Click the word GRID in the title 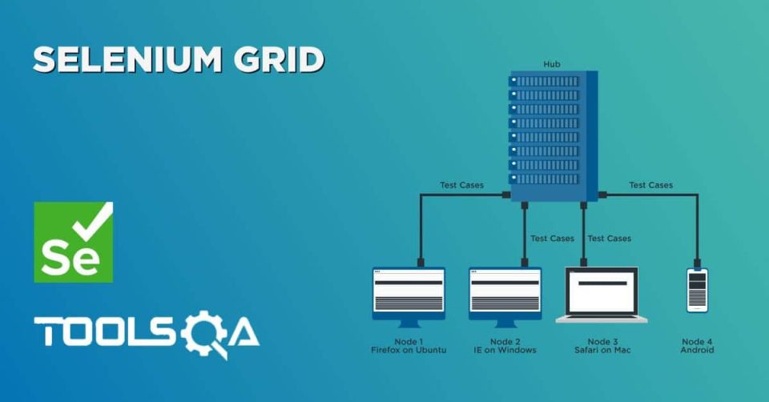(x=279, y=59)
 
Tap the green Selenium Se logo (x=74, y=242)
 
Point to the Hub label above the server (x=552, y=64)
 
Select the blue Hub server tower (x=554, y=136)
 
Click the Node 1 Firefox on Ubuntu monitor (x=409, y=297)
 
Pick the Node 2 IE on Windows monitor (x=505, y=297)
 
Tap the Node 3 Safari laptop (x=602, y=295)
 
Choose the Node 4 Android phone (x=697, y=290)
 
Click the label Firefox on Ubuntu (x=409, y=350)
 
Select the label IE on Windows (x=505, y=350)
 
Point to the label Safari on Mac (x=602, y=350)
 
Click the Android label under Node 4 (x=697, y=350)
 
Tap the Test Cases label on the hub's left (x=461, y=185)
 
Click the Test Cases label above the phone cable (x=650, y=185)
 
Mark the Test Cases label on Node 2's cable (x=552, y=239)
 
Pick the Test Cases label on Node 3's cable (x=609, y=239)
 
